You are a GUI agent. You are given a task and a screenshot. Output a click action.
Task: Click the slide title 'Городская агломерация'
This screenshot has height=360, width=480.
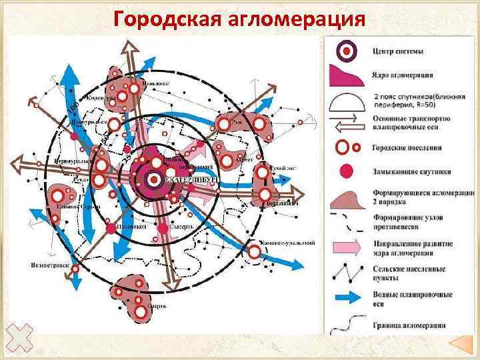239,19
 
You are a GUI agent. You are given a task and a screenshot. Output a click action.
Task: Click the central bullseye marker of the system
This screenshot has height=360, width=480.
153,179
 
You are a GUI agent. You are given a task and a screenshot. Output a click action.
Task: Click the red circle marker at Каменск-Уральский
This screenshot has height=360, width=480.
255,252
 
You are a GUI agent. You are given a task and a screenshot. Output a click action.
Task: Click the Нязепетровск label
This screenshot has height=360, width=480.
50,265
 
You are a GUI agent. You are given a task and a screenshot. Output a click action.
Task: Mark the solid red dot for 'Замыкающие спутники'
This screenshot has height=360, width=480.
345,171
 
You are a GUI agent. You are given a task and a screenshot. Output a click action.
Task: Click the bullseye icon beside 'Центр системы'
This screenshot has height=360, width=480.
345,50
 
